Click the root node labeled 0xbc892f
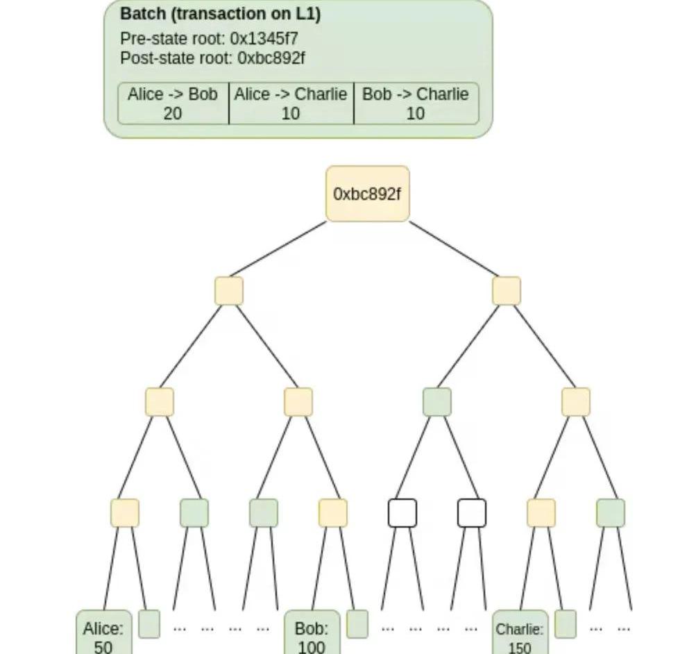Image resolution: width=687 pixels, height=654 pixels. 367,194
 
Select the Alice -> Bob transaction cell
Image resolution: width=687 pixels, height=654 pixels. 173,104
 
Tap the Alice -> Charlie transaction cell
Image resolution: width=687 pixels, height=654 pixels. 291,104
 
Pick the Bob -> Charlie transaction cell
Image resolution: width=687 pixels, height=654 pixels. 416,104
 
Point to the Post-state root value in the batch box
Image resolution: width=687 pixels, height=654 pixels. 271,58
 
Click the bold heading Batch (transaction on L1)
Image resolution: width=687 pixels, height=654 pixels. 220,14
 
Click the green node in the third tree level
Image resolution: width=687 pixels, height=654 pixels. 436,402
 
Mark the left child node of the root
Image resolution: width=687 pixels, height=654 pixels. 228,291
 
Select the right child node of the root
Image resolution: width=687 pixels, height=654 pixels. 506,291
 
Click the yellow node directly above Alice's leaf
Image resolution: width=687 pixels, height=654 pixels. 124,513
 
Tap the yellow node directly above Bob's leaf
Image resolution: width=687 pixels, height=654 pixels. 332,513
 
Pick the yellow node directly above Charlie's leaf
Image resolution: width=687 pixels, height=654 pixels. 541,513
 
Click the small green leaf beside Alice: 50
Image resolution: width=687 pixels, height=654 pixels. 149,623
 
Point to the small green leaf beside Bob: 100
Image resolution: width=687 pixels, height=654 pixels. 357,623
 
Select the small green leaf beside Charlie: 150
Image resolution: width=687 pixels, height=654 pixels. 565,623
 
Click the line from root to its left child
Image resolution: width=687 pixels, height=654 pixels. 278,249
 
